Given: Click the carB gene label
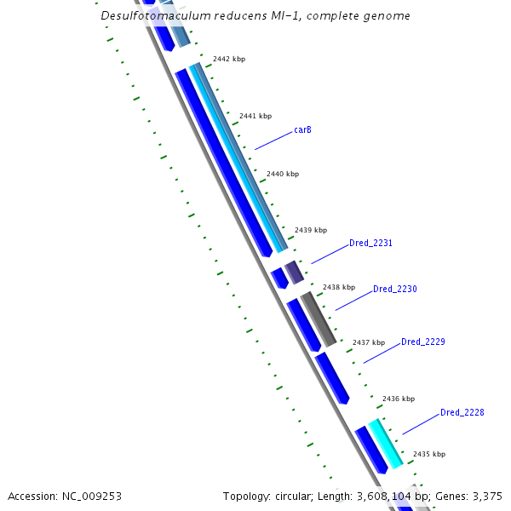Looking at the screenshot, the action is pyautogui.click(x=302, y=130).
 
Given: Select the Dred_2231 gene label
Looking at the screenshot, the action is pyautogui.click(x=370, y=244).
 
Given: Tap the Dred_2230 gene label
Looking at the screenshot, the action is pyautogui.click(x=395, y=290).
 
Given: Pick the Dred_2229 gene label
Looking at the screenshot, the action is pyautogui.click(x=423, y=342).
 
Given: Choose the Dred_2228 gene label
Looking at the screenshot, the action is pyautogui.click(x=462, y=413).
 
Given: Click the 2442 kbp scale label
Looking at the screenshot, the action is pyautogui.click(x=229, y=59).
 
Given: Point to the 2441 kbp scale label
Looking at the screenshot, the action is pyautogui.click(x=255, y=116).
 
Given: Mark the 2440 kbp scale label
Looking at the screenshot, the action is pyautogui.click(x=283, y=174).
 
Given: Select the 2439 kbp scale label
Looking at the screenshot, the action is pyautogui.click(x=311, y=230).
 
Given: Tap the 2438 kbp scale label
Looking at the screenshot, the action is pyautogui.click(x=339, y=287).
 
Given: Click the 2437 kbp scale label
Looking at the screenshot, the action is pyautogui.click(x=369, y=342).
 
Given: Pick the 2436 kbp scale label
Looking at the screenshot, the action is pyautogui.click(x=399, y=399).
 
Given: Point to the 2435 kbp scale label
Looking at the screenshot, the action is pyautogui.click(x=429, y=454).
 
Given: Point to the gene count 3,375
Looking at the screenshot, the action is pyautogui.click(x=485, y=496).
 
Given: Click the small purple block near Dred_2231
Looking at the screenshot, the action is pyautogui.click(x=294, y=273).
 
